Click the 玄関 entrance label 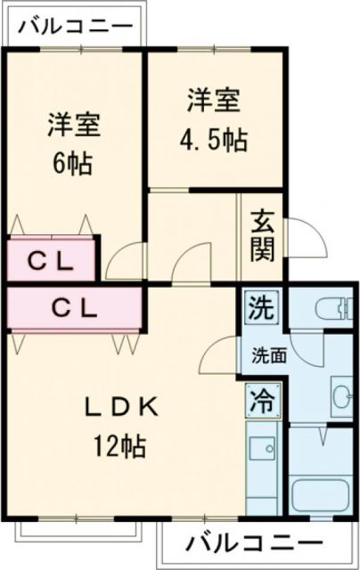[262, 235]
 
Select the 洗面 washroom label [267, 354]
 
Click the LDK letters [121, 407]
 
